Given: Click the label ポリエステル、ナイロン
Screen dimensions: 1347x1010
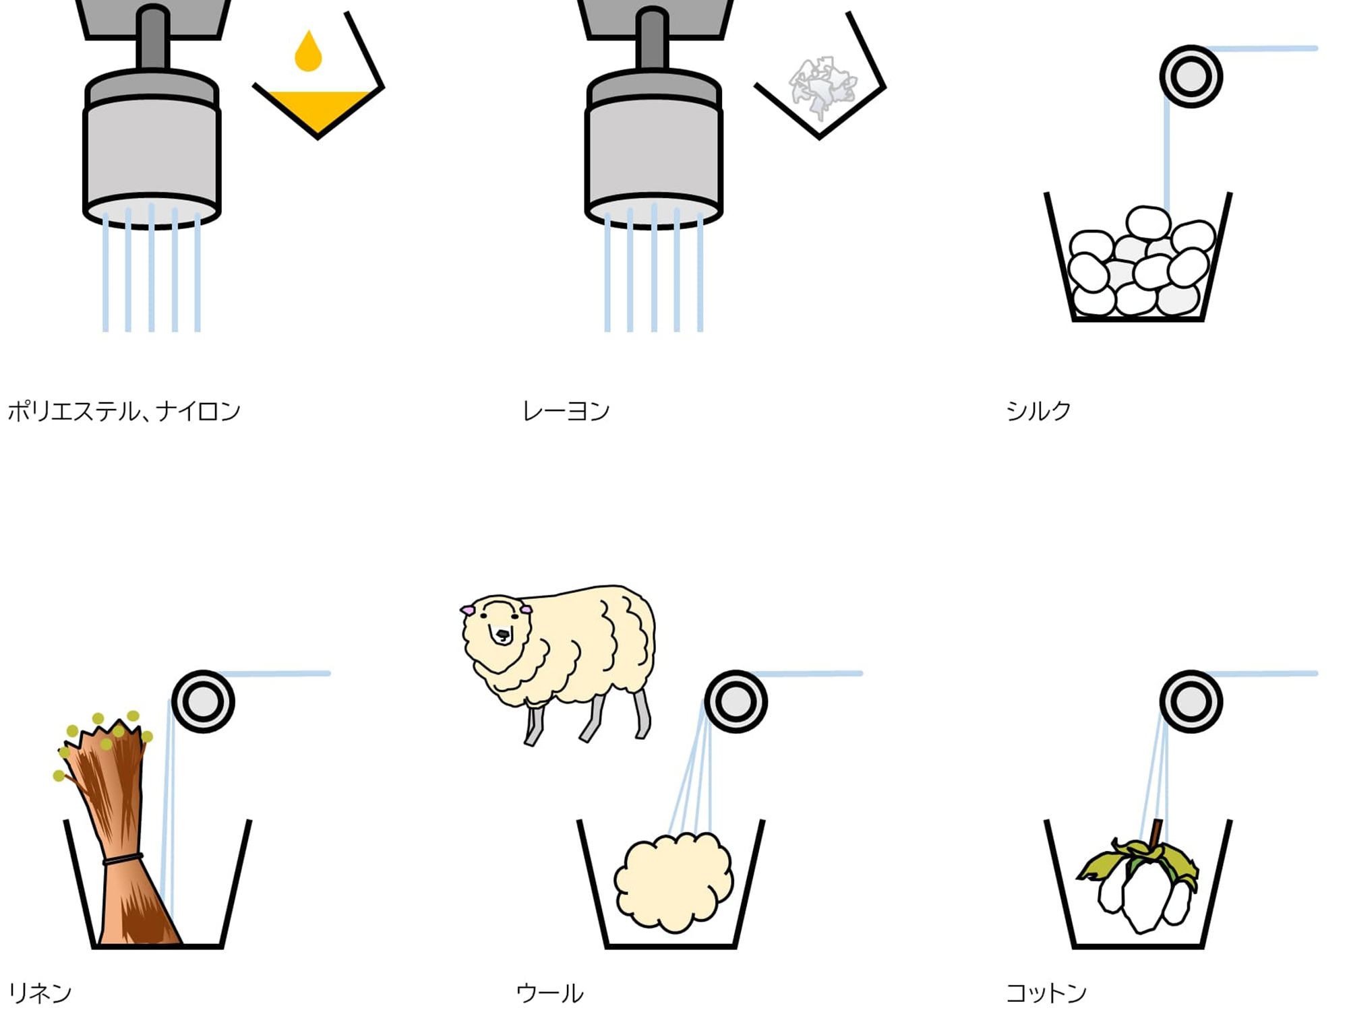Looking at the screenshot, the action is point(124,411).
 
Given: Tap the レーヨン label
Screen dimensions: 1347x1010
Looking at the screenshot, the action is point(566,411).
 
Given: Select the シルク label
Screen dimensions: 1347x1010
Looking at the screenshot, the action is point(1038,411).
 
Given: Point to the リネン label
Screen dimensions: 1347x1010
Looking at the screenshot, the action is point(40,992).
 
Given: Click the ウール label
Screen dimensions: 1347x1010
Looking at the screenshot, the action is point(549,992).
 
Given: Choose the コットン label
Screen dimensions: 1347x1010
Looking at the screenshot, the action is point(1046,992).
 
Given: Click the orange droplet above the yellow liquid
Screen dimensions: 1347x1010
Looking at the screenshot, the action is point(308,51).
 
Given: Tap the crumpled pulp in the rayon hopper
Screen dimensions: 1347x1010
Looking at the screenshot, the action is point(822,86).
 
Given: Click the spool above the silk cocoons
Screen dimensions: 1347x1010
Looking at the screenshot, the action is point(1191,76).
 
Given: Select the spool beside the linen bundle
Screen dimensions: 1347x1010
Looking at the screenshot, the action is point(203,701).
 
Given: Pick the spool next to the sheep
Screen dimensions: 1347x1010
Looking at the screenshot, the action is point(736,701).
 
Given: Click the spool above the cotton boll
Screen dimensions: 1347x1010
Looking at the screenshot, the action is point(1191,701).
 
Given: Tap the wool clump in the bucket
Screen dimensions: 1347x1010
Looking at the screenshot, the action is point(673,881).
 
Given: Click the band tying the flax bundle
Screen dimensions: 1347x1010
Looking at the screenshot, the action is point(122,859).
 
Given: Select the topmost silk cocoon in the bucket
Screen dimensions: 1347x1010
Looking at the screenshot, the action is point(1147,222).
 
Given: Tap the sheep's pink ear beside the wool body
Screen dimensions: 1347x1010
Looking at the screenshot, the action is point(526,609).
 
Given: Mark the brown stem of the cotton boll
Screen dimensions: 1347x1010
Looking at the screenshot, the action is point(1156,833).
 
